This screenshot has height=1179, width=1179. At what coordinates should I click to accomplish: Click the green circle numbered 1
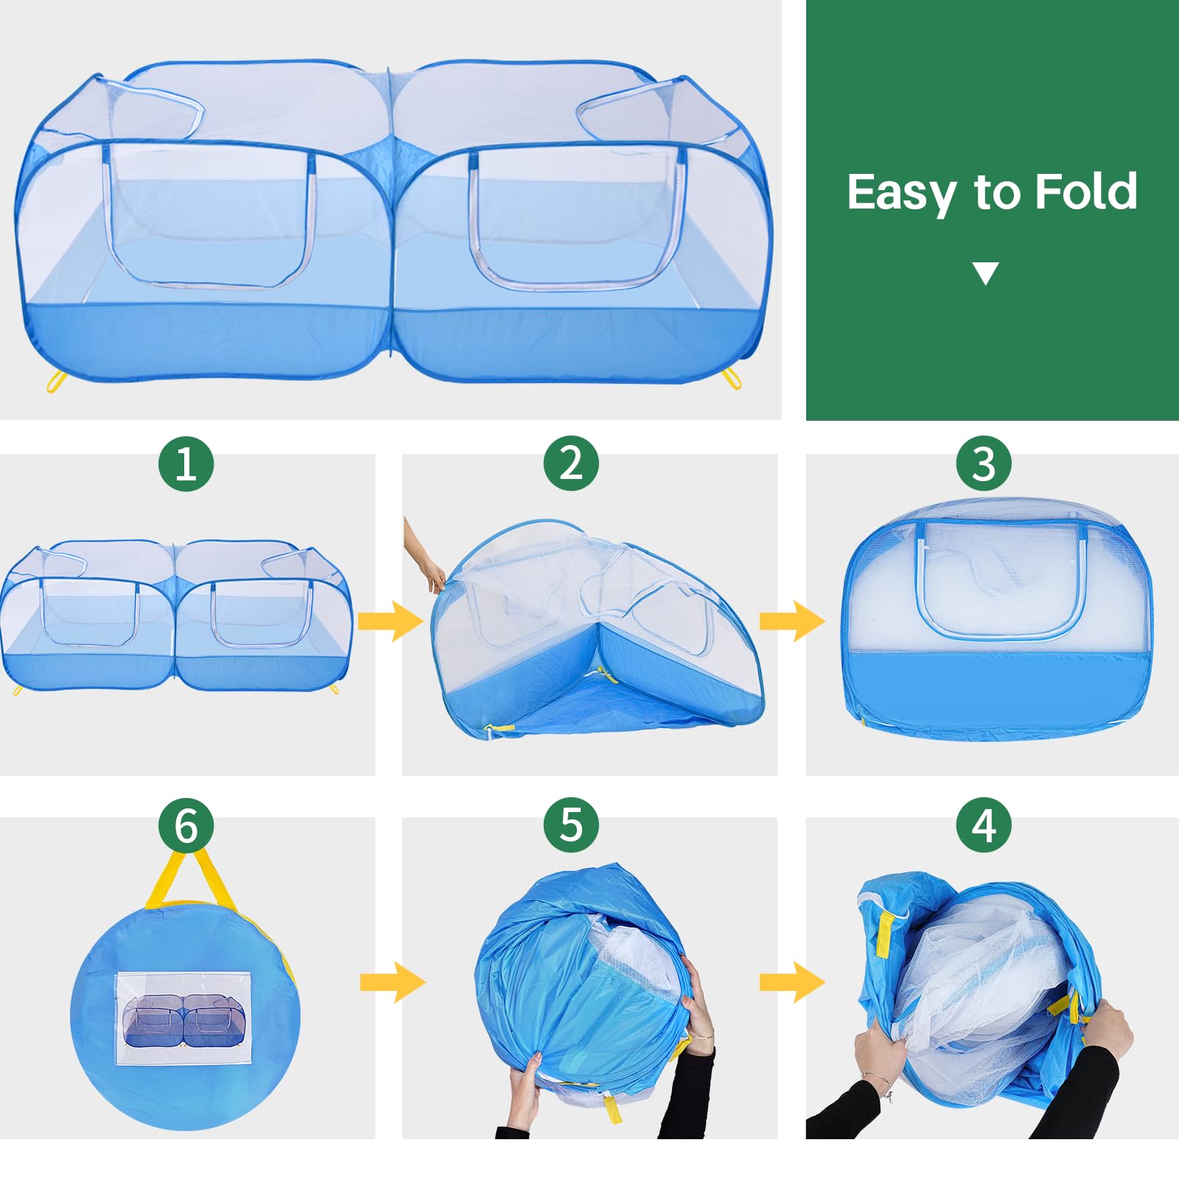point(186,463)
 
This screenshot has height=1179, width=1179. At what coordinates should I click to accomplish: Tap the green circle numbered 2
point(571,463)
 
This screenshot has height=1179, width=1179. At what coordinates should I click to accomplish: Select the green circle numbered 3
point(984,463)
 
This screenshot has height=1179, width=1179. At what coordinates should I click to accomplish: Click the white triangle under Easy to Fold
point(985,273)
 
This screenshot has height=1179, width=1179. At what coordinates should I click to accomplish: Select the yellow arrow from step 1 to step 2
point(391,620)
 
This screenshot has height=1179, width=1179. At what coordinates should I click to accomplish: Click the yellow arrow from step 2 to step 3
point(792,620)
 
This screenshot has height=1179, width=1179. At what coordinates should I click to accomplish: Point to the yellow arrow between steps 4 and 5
point(792,982)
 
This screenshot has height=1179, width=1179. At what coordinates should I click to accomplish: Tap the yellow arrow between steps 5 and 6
point(393,982)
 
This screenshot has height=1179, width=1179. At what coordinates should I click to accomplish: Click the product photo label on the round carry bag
point(184,1019)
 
